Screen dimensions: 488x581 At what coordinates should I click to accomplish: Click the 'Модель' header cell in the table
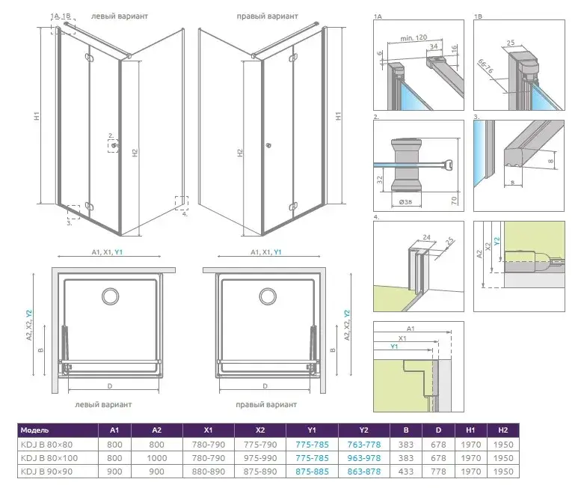35,430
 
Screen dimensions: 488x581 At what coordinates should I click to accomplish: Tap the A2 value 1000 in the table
156,457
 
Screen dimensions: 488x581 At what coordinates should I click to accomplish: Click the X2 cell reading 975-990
260,457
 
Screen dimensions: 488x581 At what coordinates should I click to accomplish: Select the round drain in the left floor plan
111,296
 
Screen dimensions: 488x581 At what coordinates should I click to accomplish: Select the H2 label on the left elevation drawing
135,153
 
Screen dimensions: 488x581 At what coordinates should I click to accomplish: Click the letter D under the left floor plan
109,386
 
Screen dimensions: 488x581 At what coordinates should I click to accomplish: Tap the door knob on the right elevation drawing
268,145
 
